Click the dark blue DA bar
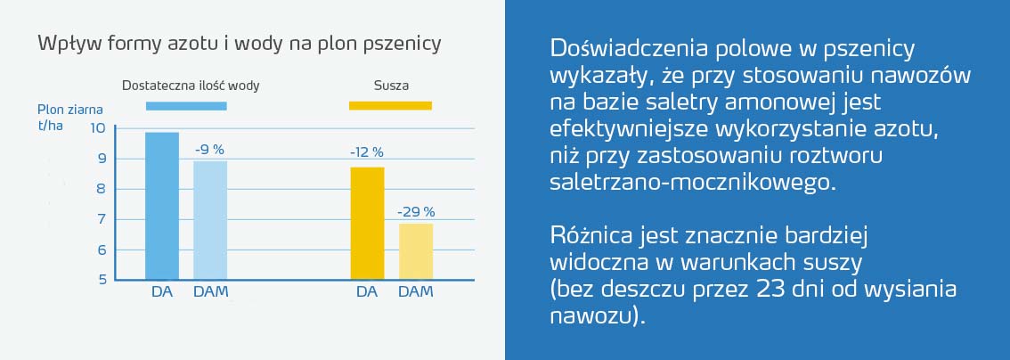(162, 206)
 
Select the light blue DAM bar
(210, 220)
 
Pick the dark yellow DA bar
(367, 223)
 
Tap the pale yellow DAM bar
(415, 251)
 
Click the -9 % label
(210, 149)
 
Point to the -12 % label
(367, 152)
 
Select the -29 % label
(416, 212)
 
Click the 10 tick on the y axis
(98, 128)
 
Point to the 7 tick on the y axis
(102, 219)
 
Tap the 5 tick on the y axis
(102, 280)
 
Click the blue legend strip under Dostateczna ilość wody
(186, 106)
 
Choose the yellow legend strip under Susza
(390, 106)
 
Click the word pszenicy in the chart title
(405, 43)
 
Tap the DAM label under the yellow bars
(415, 292)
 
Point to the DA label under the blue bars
(162, 292)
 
